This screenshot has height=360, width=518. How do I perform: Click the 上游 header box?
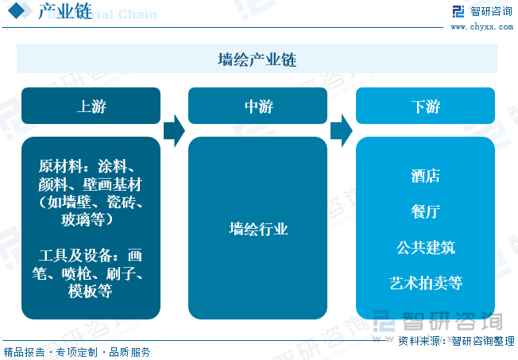pyautogui.click(x=91, y=106)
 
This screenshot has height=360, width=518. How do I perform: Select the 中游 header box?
pyautogui.click(x=257, y=106)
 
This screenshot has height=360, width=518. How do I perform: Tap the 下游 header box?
pyautogui.click(x=425, y=106)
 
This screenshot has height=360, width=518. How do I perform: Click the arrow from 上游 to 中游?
pyautogui.click(x=174, y=130)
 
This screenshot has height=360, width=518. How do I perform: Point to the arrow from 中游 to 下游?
pyautogui.click(x=342, y=130)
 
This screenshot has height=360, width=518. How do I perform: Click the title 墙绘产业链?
pyautogui.click(x=257, y=60)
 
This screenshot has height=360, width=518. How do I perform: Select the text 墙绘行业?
pyautogui.click(x=258, y=229)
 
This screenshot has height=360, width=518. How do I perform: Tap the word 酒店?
pyautogui.click(x=426, y=176)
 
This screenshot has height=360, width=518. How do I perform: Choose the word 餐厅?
pyautogui.click(x=426, y=211)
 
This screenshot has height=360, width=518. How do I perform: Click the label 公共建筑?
pyautogui.click(x=426, y=247)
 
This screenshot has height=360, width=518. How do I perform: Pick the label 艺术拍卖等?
pyautogui.click(x=426, y=283)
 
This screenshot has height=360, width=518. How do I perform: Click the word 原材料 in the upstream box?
pyautogui.click(x=60, y=166)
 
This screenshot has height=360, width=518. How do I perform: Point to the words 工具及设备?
pyautogui.click(x=75, y=256)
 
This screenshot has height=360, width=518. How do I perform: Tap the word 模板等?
pyautogui.click(x=91, y=291)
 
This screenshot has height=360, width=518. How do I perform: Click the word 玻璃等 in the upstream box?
pyautogui.click(x=83, y=219)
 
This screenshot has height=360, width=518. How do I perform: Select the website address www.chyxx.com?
pyautogui.click(x=482, y=27)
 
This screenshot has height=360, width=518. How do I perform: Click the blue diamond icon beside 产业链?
pyautogui.click(x=16, y=10)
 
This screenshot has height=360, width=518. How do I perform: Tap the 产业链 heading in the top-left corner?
pyautogui.click(x=65, y=11)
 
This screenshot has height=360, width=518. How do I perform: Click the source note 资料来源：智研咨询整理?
pyautogui.click(x=456, y=341)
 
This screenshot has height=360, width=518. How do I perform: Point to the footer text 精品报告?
pyautogui.click(x=24, y=352)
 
